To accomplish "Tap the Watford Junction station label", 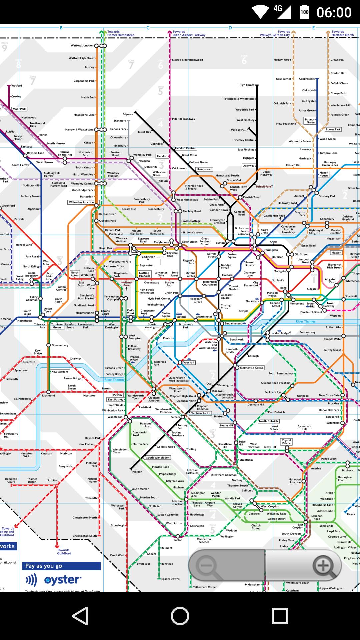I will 82,46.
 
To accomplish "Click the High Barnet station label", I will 247,85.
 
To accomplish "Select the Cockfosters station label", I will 307,79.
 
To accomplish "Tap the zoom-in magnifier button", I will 323,566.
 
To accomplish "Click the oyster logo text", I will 62,580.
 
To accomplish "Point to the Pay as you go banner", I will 61,566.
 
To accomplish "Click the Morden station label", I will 137,472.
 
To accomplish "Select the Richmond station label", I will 48,396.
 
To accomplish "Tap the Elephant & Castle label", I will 252,368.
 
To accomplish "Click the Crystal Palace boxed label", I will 286,442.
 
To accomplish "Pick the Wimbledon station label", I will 115,417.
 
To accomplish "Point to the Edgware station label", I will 128,114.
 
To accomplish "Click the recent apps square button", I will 280,616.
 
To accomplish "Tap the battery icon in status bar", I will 304,12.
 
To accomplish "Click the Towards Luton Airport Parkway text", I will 189,33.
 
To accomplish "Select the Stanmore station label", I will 120,121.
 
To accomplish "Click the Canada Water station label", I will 333,339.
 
